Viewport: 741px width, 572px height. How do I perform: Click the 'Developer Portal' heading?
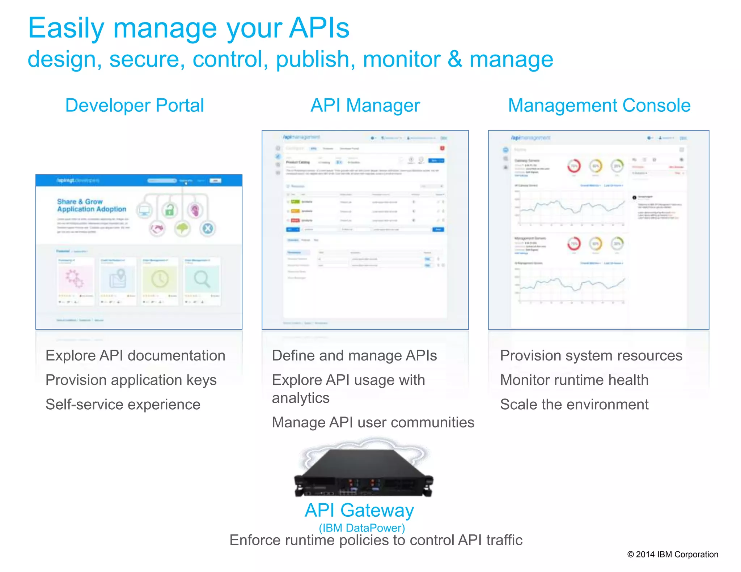pos(135,106)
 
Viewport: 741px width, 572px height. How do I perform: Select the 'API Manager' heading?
pos(365,106)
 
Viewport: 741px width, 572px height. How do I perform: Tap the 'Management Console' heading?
pos(599,106)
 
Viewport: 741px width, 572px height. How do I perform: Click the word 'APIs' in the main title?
pos(319,28)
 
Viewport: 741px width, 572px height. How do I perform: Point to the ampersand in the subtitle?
pos(454,59)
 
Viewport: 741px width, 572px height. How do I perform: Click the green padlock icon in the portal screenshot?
pos(169,210)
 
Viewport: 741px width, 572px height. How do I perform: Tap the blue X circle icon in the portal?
pos(208,229)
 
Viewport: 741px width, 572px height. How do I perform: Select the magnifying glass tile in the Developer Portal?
pos(202,279)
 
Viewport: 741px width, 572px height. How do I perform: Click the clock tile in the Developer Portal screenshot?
pos(160,279)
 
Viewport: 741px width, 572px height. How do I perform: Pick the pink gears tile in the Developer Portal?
pos(75,279)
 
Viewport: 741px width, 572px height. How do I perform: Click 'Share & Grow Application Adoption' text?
pos(92,205)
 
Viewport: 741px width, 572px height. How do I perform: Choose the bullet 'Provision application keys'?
pos(131,380)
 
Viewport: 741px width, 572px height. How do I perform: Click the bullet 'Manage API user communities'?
pos(373,422)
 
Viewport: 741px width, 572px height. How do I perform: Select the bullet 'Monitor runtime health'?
pos(574,380)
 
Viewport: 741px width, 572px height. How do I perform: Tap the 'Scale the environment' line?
pos(574,404)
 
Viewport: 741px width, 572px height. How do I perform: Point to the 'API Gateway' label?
pos(359,510)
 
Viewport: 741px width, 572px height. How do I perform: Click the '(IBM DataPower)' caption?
pos(361,528)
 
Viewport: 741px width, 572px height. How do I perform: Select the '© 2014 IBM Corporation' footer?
pos(673,554)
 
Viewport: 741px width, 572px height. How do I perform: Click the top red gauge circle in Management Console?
pos(574,166)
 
